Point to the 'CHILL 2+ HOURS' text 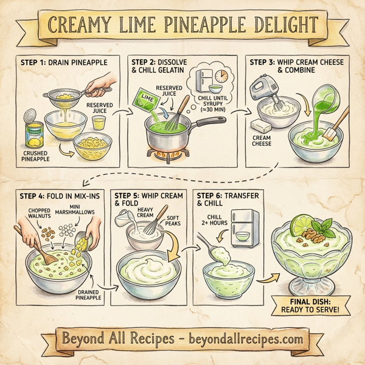pyautogui.click(x=217, y=222)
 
